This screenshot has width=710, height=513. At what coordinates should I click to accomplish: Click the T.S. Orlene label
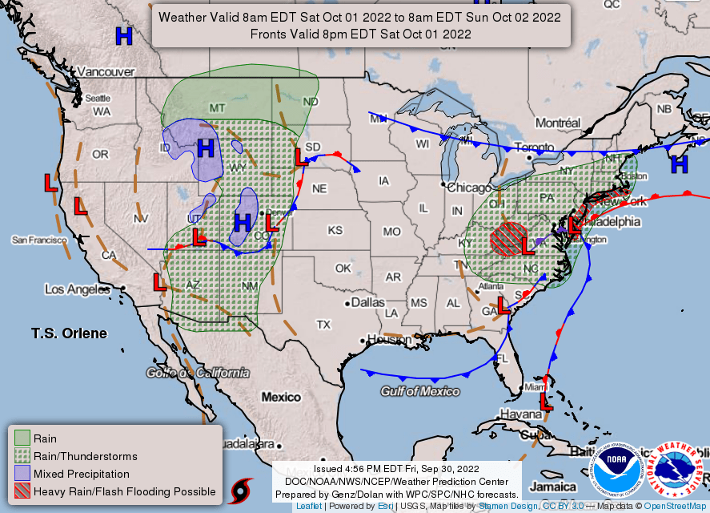69,333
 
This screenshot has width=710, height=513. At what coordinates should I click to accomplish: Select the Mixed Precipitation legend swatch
22,474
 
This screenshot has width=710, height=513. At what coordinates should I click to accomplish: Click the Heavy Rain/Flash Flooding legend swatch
22,491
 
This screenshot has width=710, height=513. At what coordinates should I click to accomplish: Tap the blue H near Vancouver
124,36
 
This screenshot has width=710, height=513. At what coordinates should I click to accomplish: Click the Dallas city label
367,303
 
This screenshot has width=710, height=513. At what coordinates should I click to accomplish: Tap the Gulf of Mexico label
420,391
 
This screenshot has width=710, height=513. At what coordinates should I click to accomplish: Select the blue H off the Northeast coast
680,164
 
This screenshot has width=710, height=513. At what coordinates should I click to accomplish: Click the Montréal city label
557,123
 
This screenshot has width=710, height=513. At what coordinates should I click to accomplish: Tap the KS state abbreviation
335,230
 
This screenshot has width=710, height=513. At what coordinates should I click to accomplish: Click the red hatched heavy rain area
508,238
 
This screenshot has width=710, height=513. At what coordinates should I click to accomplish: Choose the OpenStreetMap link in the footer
673,507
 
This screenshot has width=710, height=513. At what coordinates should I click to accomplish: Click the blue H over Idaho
206,148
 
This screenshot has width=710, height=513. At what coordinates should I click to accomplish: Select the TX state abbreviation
323,325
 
